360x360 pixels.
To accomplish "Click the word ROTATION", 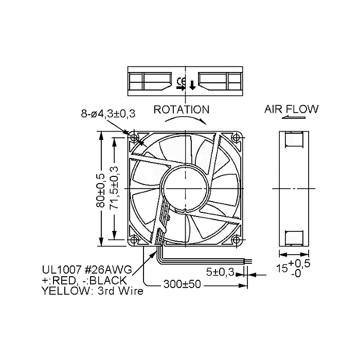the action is (x=182, y=110).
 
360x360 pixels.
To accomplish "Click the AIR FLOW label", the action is (x=292, y=109).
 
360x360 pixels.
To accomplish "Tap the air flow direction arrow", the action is (x=294, y=117).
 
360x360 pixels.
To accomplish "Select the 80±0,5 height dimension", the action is (x=100, y=191).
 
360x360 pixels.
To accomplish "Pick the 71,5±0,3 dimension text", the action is (x=114, y=188).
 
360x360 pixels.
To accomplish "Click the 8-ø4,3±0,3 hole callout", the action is (x=108, y=114).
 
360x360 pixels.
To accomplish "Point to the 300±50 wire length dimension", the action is (x=182, y=284).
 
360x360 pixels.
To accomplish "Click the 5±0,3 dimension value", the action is (x=220, y=272).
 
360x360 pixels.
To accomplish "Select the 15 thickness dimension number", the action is (x=282, y=268).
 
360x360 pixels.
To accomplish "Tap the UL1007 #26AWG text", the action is (x=87, y=269).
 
